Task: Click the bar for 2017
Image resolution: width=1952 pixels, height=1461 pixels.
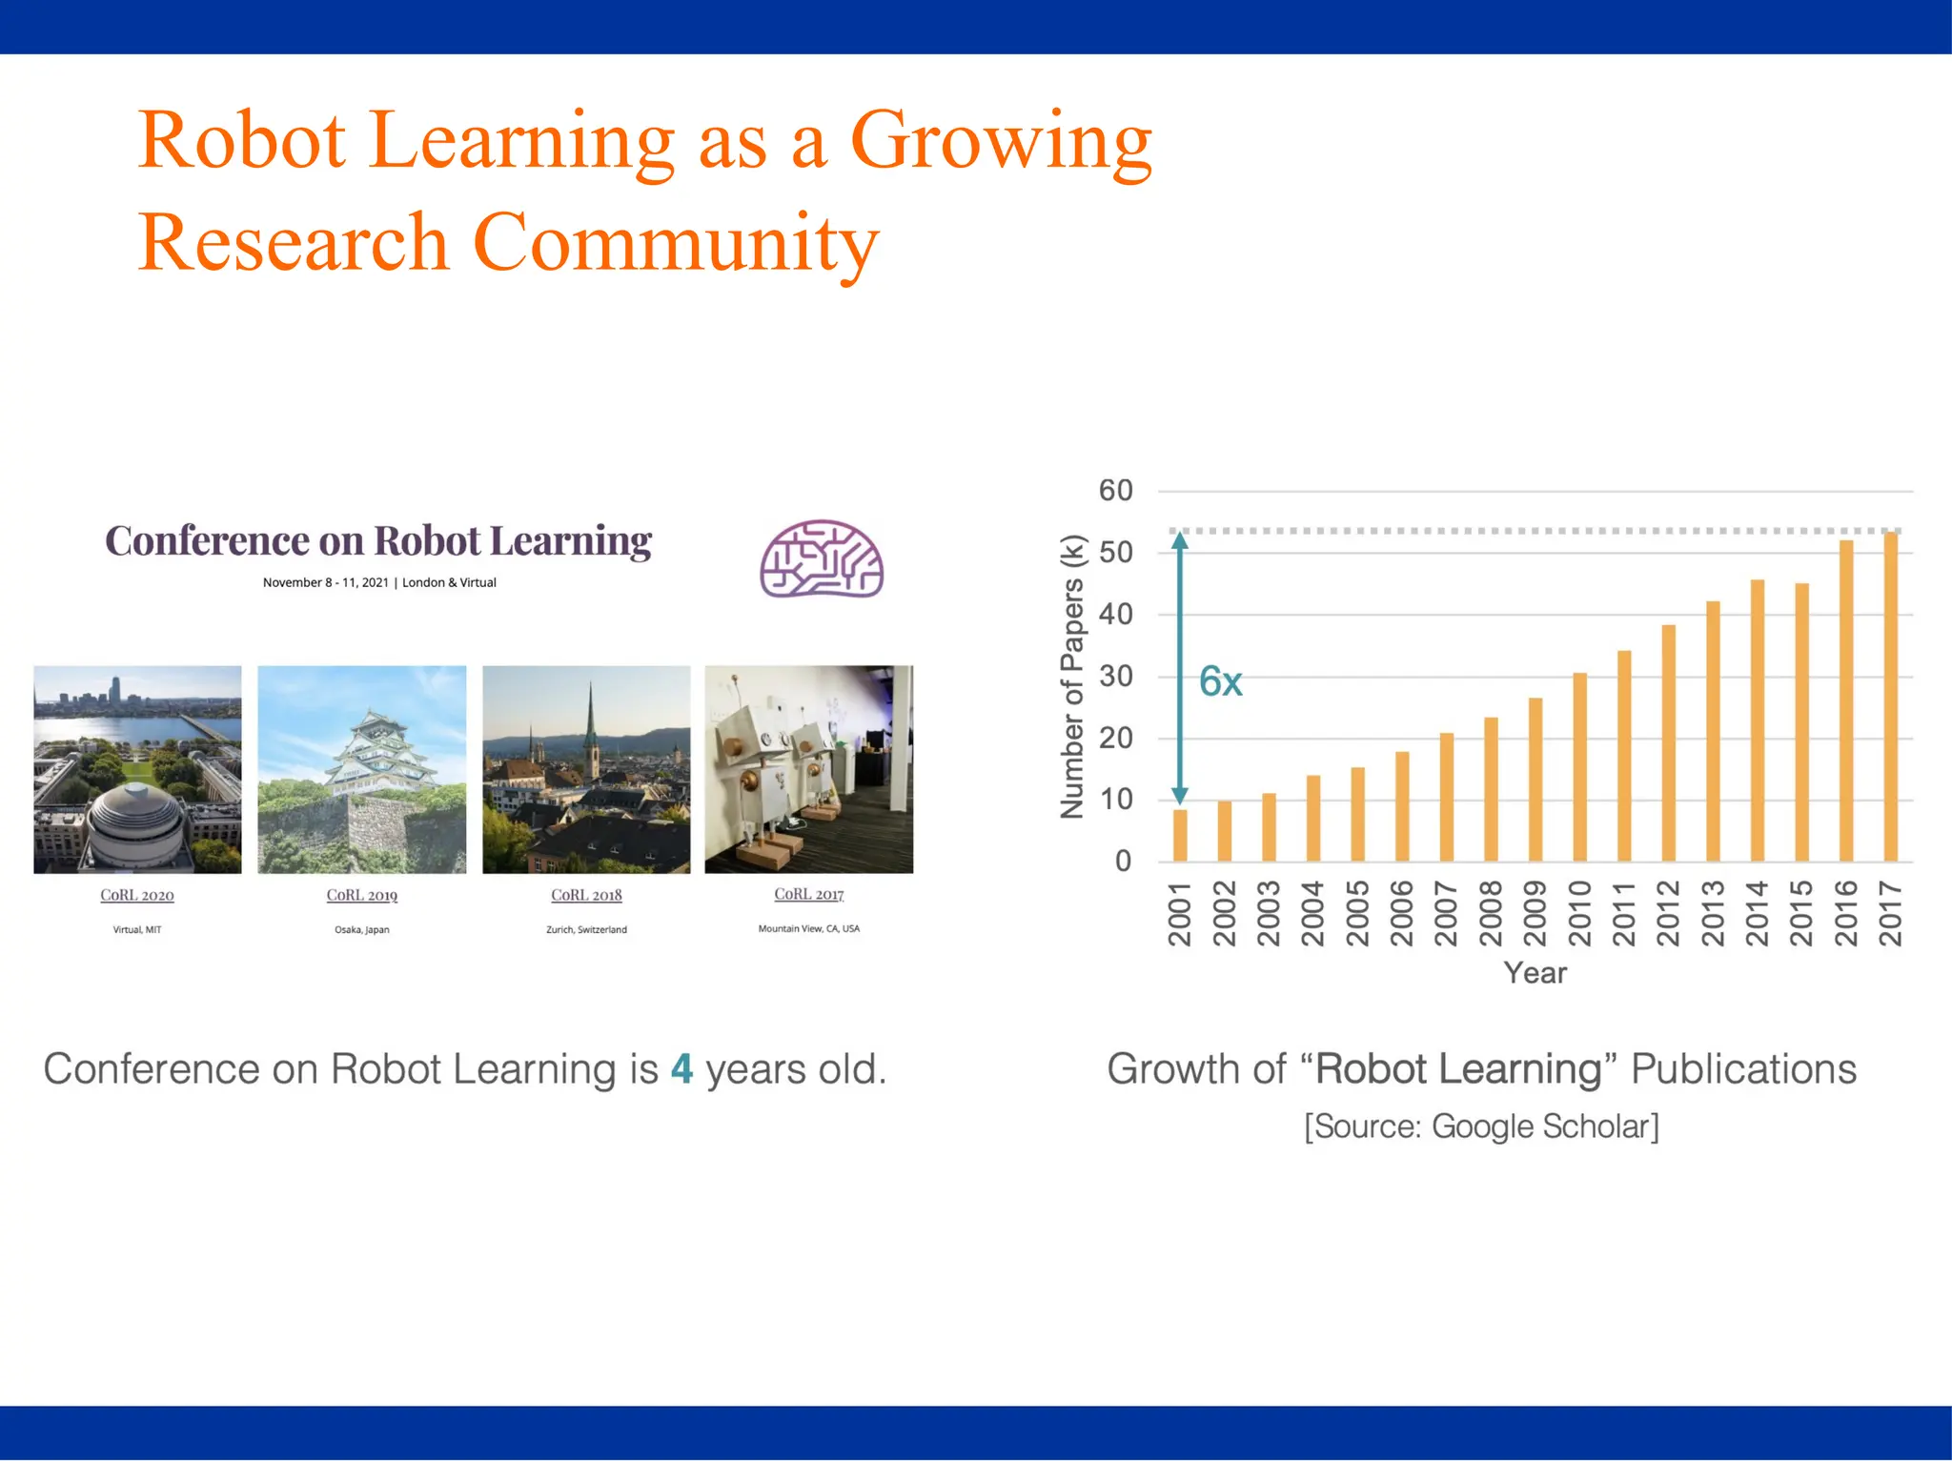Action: pyautogui.click(x=1891, y=697)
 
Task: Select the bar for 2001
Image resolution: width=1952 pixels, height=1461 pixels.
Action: pyautogui.click(x=1180, y=835)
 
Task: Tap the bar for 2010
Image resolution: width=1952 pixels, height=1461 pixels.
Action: pyautogui.click(x=1579, y=767)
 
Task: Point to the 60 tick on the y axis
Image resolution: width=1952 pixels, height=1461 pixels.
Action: pyautogui.click(x=1115, y=491)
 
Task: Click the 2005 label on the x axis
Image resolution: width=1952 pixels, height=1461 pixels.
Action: pyautogui.click(x=1358, y=913)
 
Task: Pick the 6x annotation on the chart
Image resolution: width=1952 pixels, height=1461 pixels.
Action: pyautogui.click(x=1220, y=681)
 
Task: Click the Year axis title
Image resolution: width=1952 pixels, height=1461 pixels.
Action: pyautogui.click(x=1535, y=973)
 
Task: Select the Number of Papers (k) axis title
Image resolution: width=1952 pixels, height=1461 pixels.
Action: pyautogui.click(x=1073, y=677)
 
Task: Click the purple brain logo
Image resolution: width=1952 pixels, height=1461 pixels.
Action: pyautogui.click(x=821, y=559)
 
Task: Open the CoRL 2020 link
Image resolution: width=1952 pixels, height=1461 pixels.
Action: pyautogui.click(x=137, y=895)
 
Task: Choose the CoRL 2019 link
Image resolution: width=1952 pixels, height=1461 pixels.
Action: pyautogui.click(x=362, y=895)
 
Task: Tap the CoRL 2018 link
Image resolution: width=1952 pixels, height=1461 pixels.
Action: pyautogui.click(x=586, y=895)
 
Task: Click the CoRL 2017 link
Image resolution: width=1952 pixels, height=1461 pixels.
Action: pyautogui.click(x=808, y=894)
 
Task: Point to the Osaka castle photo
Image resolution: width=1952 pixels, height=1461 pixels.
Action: pyautogui.click(x=362, y=769)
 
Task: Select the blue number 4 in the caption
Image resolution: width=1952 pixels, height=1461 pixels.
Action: pyautogui.click(x=681, y=1069)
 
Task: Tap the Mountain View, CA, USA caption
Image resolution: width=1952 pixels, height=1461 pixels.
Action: pyautogui.click(x=808, y=928)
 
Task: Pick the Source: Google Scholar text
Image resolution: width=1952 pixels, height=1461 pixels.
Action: pyautogui.click(x=1481, y=1126)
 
